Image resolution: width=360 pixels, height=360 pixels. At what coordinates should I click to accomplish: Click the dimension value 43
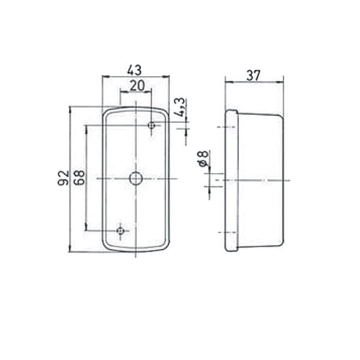(x=135, y=70)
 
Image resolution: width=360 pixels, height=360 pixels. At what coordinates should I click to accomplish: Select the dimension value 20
(x=137, y=86)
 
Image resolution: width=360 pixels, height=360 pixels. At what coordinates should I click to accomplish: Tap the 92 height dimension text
(x=63, y=178)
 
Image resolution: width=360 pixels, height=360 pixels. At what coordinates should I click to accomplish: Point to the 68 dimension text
(x=79, y=178)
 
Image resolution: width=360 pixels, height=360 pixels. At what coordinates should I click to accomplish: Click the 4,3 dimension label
(x=180, y=107)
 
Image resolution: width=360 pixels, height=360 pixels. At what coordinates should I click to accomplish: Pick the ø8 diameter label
(x=203, y=159)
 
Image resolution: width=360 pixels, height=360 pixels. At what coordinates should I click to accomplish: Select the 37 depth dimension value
(x=254, y=76)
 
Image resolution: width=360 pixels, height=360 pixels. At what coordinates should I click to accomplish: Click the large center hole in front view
(x=135, y=178)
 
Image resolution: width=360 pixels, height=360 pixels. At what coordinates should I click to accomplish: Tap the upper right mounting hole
(x=151, y=125)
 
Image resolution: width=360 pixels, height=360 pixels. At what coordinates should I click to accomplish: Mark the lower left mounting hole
(x=121, y=231)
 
